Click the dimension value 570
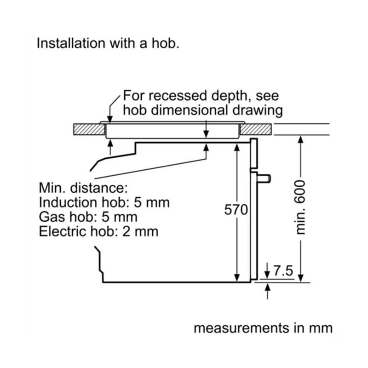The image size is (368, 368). [236, 210]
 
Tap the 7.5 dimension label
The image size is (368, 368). [283, 271]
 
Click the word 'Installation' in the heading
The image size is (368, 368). [71, 44]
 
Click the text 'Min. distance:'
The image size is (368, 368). [82, 188]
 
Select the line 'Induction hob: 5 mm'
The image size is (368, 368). [104, 202]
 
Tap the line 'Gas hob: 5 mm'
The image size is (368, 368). [88, 217]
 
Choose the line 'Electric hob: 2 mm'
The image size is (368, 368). [98, 231]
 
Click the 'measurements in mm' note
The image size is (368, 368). [263, 328]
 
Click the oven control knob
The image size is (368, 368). [265, 178]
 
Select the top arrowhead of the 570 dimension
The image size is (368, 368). [236, 146]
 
